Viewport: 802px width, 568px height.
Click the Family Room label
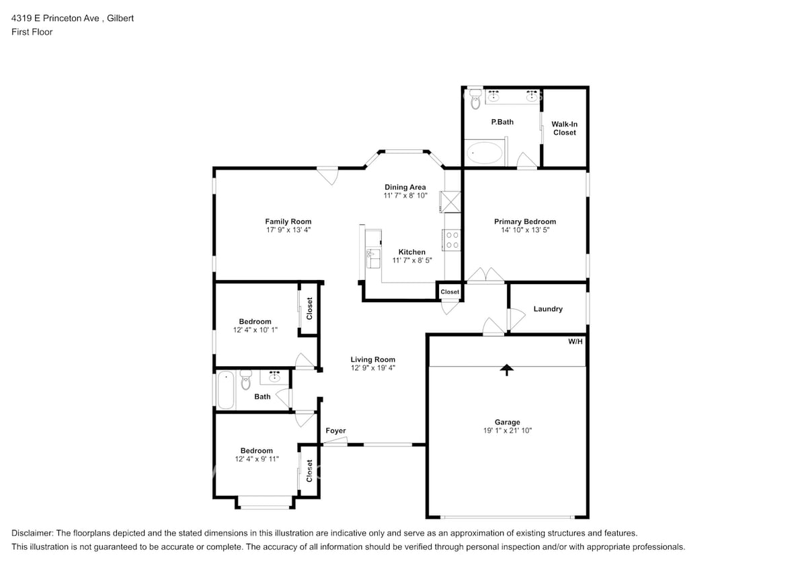tap(288, 221)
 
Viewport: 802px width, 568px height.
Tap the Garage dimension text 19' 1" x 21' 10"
tap(507, 431)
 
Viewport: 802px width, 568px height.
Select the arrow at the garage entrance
tap(507, 369)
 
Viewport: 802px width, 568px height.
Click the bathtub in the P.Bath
tap(484, 153)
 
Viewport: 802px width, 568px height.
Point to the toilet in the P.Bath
tap(475, 99)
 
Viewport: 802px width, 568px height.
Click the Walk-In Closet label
tap(564, 129)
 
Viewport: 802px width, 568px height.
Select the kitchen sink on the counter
tap(371, 256)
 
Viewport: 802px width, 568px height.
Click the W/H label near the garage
tap(575, 342)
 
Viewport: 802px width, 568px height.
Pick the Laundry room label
tap(548, 309)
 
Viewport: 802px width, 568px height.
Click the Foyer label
tap(335, 431)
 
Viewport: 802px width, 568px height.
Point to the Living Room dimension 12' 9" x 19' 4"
tap(372, 368)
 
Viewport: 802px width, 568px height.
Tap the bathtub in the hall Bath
tap(226, 390)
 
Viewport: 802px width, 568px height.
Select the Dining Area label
tap(405, 187)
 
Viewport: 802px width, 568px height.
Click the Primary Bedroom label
tap(524, 221)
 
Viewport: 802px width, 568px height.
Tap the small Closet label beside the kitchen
tap(450, 292)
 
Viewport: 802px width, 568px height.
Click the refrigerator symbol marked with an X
tap(450, 201)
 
